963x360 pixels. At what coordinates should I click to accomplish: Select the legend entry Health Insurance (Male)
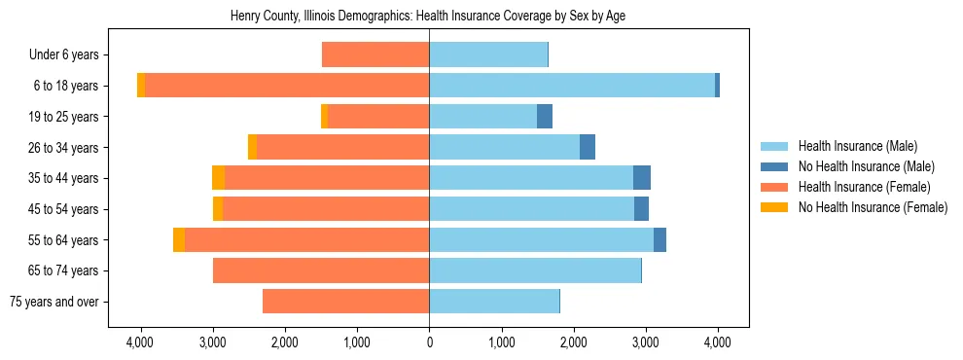point(856,147)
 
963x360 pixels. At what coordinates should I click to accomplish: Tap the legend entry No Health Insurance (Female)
point(873,207)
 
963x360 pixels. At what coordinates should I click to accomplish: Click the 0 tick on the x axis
point(429,342)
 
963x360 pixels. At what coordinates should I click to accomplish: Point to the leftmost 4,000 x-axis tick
point(140,342)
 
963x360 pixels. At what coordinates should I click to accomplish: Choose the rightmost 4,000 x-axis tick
point(718,342)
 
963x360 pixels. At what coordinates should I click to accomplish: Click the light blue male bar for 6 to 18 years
point(572,86)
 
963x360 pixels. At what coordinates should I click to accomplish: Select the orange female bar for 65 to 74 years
point(321,270)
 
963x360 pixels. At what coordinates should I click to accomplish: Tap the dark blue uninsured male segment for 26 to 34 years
point(588,147)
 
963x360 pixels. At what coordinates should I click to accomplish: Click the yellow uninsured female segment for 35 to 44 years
point(218,178)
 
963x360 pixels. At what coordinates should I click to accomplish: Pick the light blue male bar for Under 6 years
point(488,54)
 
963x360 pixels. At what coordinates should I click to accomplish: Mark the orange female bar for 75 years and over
point(345,302)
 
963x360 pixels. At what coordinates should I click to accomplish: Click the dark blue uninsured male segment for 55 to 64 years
point(660,239)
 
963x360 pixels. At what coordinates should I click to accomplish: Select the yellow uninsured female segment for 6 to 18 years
point(141,86)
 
